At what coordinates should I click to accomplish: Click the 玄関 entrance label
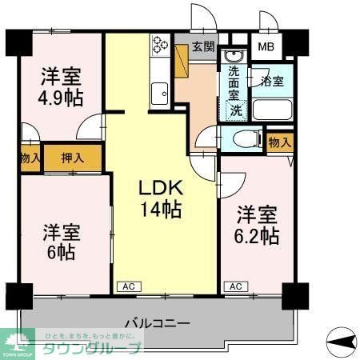[203, 46]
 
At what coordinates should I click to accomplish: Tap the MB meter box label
[265, 46]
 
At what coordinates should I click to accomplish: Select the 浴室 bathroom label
[272, 80]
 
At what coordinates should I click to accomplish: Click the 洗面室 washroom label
[234, 83]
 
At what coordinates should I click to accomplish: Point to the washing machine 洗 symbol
[237, 110]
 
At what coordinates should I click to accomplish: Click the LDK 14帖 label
[162, 199]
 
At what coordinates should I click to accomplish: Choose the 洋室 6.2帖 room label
[257, 226]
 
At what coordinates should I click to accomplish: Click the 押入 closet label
[73, 158]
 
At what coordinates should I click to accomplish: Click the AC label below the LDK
[126, 286]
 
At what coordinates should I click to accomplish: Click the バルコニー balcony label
[157, 323]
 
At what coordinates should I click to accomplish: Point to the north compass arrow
[343, 342]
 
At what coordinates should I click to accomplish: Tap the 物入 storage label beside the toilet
[279, 142]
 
